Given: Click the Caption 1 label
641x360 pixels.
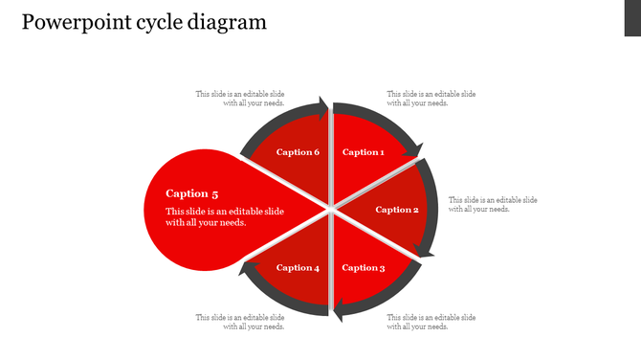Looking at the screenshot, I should [364, 152].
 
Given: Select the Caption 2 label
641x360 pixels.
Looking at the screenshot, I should [397, 210].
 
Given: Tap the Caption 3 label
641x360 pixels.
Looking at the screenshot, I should [364, 268].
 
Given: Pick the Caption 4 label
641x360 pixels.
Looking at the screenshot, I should [298, 268].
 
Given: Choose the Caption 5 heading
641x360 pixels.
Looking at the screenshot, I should [192, 193].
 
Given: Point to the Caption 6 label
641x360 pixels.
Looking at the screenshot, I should [298, 152].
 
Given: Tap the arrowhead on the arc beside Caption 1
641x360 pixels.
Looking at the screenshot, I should [413, 148].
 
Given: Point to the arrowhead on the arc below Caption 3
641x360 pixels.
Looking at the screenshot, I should [339, 309].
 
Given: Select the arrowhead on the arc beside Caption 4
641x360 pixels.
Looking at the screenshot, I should [247, 271].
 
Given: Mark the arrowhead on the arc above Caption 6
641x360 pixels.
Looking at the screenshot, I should [319, 104].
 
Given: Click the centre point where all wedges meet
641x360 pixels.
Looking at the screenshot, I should [330, 207].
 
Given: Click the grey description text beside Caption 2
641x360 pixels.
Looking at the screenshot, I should [493, 204].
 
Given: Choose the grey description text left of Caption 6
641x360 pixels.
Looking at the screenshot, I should [240, 99].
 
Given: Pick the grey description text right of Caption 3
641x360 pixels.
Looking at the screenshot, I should [431, 322].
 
